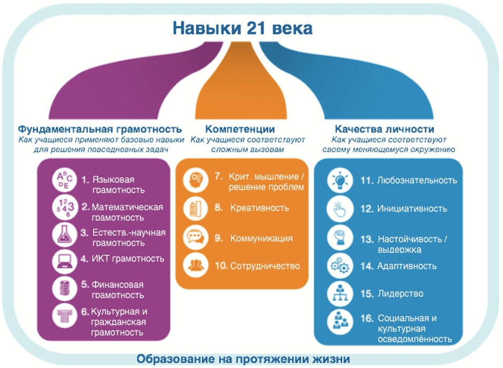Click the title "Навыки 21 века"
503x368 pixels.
tap(243, 28)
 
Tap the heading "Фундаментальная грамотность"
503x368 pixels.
tap(100, 129)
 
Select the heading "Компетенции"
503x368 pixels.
tap(240, 129)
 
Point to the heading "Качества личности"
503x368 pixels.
tap(385, 129)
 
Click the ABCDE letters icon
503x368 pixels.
tap(65, 180)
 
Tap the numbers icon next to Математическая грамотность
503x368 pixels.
tap(65, 207)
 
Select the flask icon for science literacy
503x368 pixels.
tap(65, 234)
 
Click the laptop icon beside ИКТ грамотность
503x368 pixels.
tap(65, 261)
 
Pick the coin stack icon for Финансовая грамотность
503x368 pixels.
tap(65, 288)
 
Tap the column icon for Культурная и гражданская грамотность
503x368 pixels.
tap(65, 315)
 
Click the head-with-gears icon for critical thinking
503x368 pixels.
tap(196, 180)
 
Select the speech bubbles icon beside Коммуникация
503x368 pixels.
tap(196, 238)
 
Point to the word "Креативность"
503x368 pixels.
tap(260, 208)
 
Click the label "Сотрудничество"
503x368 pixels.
tap(265, 266)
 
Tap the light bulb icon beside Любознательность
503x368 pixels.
tap(340, 180)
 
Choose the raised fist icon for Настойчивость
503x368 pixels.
tap(340, 238)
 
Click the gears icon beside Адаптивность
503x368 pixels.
tap(340, 266)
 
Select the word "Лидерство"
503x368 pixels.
tap(400, 293)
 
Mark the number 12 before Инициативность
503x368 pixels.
tap(367, 209)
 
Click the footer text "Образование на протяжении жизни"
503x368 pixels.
tap(243, 359)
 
